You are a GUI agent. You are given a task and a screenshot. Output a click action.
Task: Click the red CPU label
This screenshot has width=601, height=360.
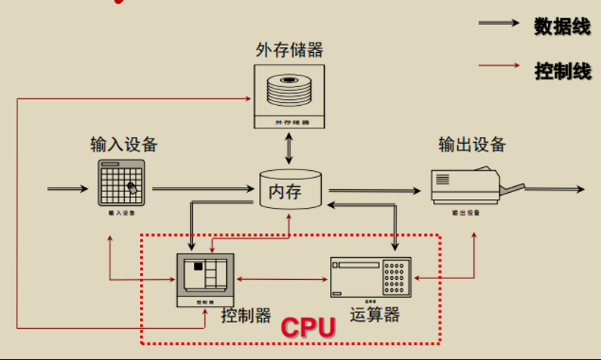[x=308, y=327]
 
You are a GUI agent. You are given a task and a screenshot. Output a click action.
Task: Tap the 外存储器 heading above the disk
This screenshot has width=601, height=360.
[x=289, y=50]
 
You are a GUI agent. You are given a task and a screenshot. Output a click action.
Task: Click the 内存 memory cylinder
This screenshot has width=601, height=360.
[x=289, y=191]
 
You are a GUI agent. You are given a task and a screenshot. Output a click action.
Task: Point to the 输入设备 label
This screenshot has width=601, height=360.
[x=123, y=144]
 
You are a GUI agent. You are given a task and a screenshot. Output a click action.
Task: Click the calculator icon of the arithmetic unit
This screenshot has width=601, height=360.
[x=371, y=277]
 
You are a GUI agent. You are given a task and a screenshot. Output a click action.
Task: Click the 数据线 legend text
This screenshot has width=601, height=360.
[x=562, y=26]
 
